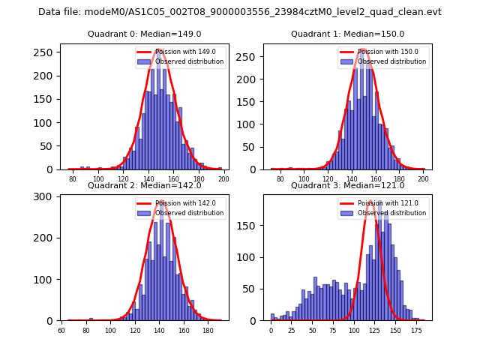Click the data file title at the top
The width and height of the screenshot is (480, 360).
point(240,12)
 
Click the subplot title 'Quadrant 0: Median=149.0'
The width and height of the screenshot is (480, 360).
point(144,34)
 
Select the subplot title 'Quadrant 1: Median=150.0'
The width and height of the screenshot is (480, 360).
point(347,34)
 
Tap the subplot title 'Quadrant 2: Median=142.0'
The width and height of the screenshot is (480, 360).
point(144,185)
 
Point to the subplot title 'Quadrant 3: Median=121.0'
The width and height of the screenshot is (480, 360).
point(347,185)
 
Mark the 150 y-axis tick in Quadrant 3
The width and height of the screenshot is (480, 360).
point(251,226)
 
